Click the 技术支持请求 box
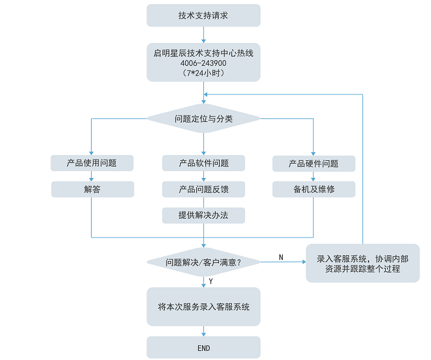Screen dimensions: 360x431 (203, 15)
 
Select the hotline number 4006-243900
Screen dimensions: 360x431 (203, 63)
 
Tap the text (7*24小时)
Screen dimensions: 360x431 (203, 73)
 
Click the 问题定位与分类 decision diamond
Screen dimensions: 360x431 (203, 118)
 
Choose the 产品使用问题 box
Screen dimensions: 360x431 (92, 163)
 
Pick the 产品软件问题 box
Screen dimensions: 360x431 (203, 163)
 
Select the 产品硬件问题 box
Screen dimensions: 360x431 (314, 163)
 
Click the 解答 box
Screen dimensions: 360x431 (92, 189)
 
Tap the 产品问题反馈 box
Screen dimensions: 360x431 (203, 189)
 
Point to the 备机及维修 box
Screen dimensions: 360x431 (314, 189)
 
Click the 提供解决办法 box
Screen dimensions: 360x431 (203, 215)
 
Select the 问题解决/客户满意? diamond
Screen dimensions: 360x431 (203, 262)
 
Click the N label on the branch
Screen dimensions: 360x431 (281, 257)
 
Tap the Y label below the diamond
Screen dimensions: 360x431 (211, 282)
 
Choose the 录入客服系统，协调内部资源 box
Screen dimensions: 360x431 (362, 263)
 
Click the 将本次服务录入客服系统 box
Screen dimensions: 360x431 (203, 307)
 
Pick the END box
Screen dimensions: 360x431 (203, 347)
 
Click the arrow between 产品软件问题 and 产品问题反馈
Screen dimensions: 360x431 (203, 176)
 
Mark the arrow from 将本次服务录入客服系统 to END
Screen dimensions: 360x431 (203, 331)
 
